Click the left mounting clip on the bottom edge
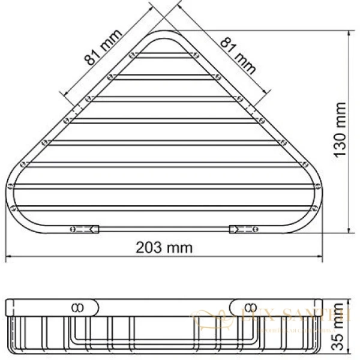(85, 228)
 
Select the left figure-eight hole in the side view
(77, 307)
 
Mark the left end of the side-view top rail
(7, 306)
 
